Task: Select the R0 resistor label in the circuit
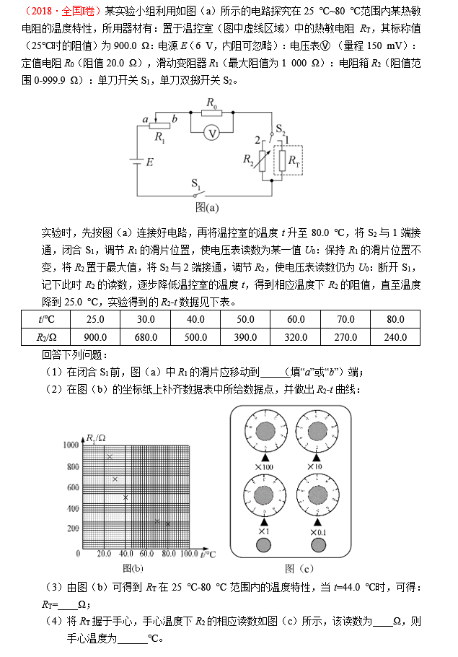pyautogui.click(x=211, y=103)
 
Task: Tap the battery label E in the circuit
pyautogui.click(x=149, y=162)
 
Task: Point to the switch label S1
pyautogui.click(x=197, y=183)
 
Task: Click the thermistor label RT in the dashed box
pyautogui.click(x=294, y=163)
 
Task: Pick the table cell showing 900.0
pyautogui.click(x=96, y=337)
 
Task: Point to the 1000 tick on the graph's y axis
pyautogui.click(x=69, y=445)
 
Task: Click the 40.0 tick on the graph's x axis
pyautogui.click(x=127, y=554)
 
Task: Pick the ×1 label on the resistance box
pyautogui.click(x=263, y=532)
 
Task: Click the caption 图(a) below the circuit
pyautogui.click(x=207, y=208)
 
